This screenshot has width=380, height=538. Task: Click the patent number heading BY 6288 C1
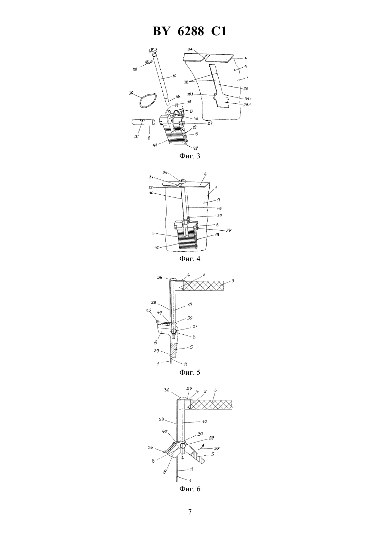pos(190,31)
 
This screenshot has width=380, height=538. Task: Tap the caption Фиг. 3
pos(190,156)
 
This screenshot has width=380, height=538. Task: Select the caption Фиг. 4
pos(190,259)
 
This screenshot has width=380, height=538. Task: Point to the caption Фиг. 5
pos(190,372)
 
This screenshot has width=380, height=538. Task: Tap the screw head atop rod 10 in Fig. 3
pos(153,50)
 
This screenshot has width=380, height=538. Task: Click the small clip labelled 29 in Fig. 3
pos(149,63)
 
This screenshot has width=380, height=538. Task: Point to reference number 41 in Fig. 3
pos(155,145)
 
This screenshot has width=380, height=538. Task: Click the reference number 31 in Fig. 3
pos(136,137)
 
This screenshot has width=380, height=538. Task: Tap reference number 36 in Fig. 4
pos(165,172)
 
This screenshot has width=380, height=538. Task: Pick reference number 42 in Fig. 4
pos(156,248)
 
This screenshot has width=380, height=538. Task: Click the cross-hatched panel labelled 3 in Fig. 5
pos(203,286)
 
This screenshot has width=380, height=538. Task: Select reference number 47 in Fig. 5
pos(159,313)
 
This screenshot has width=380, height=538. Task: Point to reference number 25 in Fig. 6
pos(190,388)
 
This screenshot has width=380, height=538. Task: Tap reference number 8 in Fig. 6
pos(165,472)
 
